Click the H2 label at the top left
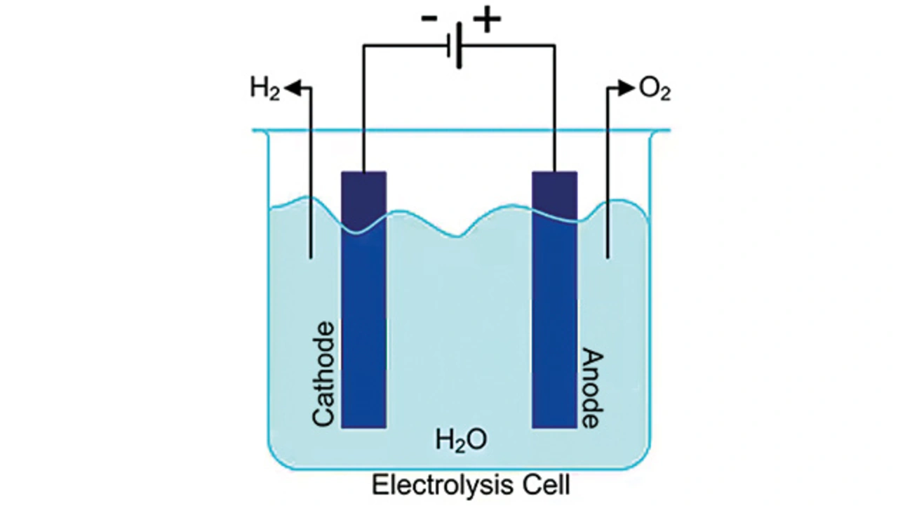click(x=264, y=89)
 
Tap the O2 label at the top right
click(x=655, y=90)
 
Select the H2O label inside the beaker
click(x=461, y=440)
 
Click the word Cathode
click(x=323, y=374)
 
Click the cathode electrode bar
click(x=363, y=323)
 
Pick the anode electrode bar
click(x=554, y=323)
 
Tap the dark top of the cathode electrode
click(x=363, y=192)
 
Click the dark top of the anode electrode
click(x=554, y=194)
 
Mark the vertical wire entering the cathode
click(x=363, y=112)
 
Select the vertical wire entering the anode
click(x=554, y=112)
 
